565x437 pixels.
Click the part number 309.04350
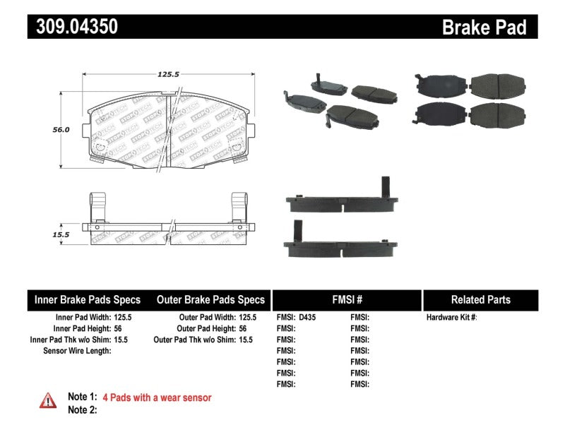tap(73, 27)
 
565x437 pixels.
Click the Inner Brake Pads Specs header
tap(88, 299)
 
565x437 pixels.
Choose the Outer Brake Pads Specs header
tap(210, 299)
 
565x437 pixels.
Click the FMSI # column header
tap(346, 299)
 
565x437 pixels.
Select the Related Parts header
tap(480, 299)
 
